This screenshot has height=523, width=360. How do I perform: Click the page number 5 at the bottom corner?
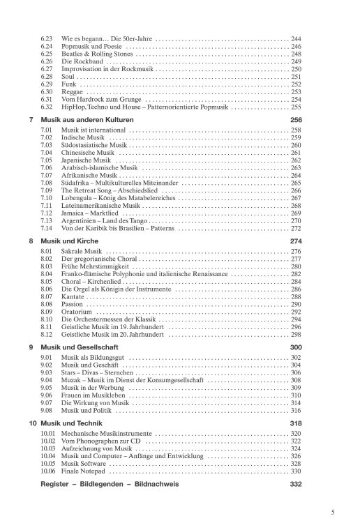pos(335,510)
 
